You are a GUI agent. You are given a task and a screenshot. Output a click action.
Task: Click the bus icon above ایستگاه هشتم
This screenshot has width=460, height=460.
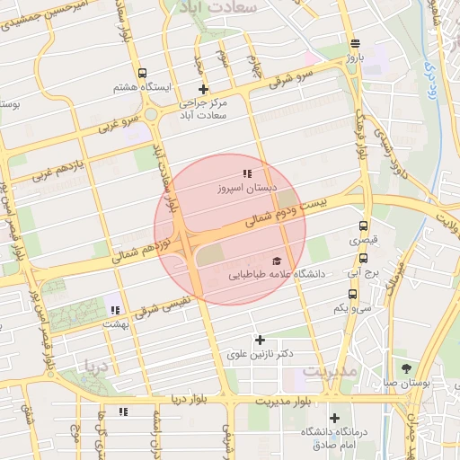(142, 73)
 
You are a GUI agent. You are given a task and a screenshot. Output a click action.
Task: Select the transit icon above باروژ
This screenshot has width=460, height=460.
(356, 43)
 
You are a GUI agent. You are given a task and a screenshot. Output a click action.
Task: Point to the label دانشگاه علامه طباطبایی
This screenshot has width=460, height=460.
(281, 270)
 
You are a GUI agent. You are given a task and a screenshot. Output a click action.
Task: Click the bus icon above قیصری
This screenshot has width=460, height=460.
(364, 226)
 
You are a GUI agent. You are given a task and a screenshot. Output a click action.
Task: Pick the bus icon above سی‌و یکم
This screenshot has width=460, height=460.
(351, 293)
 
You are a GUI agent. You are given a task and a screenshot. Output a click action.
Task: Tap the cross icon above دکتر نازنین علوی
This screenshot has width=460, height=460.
(261, 340)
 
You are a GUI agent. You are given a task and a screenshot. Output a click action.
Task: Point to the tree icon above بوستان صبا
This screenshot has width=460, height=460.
(407, 368)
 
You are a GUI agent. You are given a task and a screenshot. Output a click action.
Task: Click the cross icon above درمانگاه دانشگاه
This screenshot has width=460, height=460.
(334, 418)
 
